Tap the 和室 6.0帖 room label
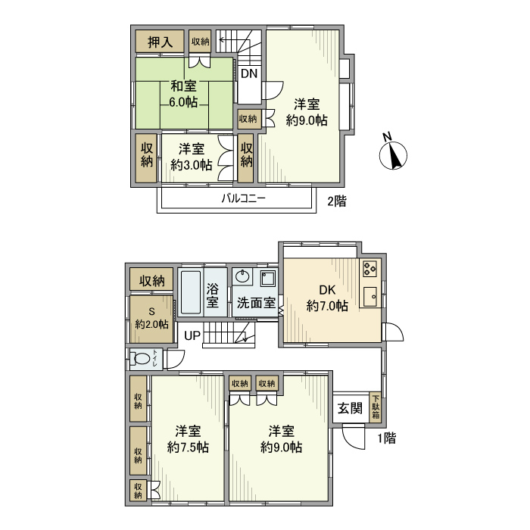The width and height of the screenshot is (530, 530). pyautogui.click(x=182, y=94)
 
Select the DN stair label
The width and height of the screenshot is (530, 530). pyautogui.click(x=249, y=74)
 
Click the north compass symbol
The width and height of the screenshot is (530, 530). pyautogui.click(x=393, y=155)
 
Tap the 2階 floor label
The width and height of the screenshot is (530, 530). pyautogui.click(x=336, y=201)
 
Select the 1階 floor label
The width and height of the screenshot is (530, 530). pyautogui.click(x=385, y=437)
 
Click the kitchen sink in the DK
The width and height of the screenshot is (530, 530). pyautogui.click(x=371, y=297)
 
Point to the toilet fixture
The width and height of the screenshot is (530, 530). pyautogui.click(x=142, y=360)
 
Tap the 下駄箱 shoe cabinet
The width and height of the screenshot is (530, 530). pyautogui.click(x=376, y=407)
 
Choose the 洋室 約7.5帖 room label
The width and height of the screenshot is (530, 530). pyautogui.click(x=188, y=439)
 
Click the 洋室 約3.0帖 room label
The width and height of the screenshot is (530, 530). pyautogui.click(x=191, y=157)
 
